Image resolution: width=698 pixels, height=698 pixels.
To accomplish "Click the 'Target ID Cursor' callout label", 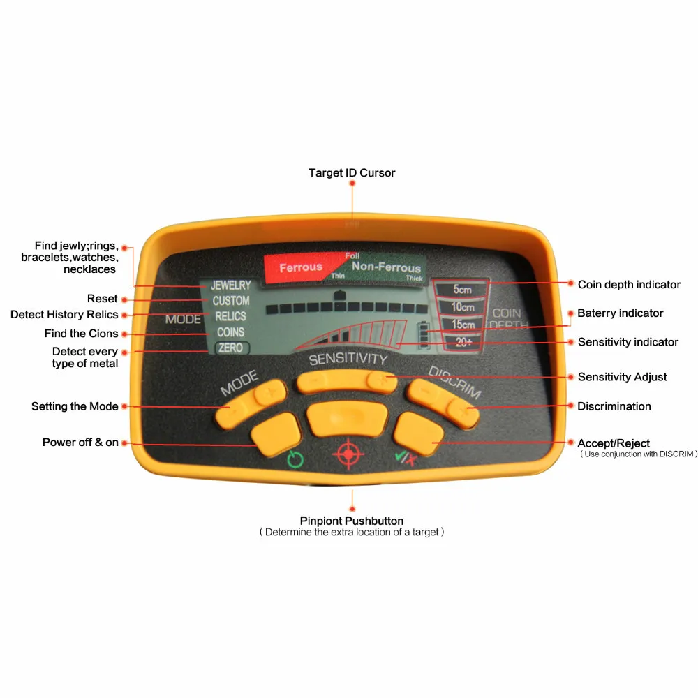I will [x=352, y=172].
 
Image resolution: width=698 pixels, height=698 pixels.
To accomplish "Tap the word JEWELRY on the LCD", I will [x=230, y=285].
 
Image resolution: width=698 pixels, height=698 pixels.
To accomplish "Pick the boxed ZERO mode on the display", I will [x=230, y=348].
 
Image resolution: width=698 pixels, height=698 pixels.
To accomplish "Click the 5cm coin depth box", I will [x=461, y=289].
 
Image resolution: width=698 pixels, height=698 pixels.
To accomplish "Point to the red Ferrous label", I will [x=301, y=267].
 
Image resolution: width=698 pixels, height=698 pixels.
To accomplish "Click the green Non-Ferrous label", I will [x=386, y=267].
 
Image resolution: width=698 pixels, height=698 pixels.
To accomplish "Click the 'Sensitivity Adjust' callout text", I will [x=622, y=377].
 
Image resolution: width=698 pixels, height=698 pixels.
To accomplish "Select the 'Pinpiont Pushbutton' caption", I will [x=352, y=521].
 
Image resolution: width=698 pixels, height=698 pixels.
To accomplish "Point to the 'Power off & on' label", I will [x=80, y=443].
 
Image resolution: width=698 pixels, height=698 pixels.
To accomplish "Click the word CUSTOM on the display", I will [x=231, y=301].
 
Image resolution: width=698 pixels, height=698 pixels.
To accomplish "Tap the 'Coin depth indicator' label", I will [x=629, y=284].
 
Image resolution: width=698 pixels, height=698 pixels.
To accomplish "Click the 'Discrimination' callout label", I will [x=614, y=406].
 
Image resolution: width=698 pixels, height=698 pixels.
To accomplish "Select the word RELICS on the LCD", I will [x=230, y=316].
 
